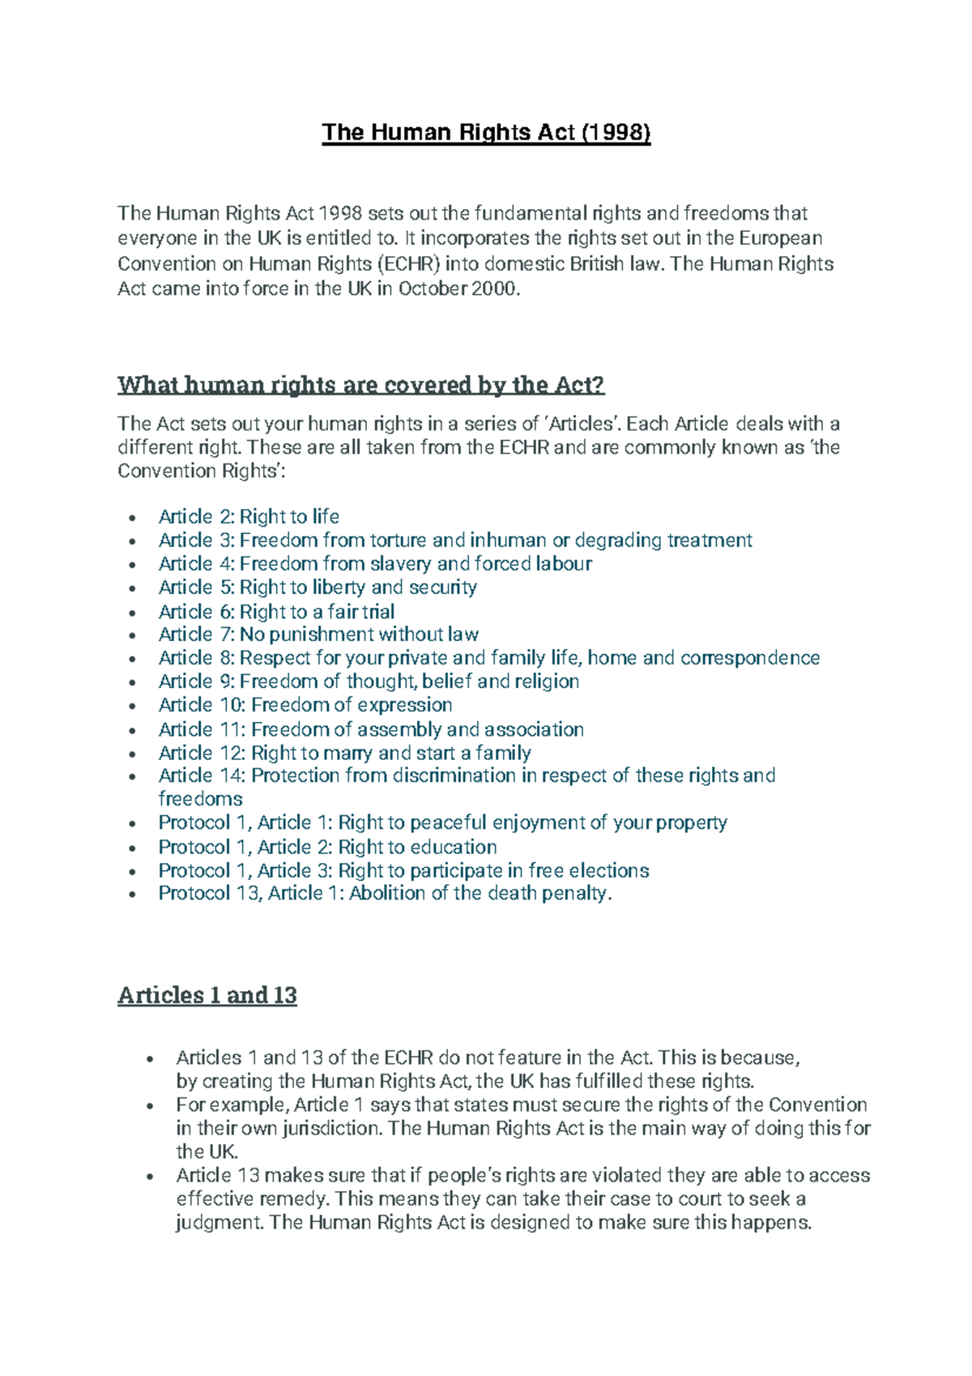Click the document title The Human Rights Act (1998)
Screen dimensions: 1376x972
486,132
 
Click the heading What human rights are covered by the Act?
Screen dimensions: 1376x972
360,384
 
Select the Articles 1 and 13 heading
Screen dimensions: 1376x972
207,994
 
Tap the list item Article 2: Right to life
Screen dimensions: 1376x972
249,517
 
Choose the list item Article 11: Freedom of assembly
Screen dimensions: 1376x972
370,729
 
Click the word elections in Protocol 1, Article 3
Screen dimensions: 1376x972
608,870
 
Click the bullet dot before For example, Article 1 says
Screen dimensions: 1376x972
150,1106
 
